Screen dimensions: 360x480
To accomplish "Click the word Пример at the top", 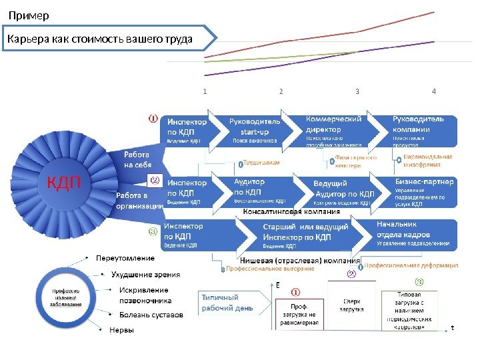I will pyautogui.click(x=29, y=15).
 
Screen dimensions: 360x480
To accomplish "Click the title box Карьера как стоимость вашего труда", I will pyautogui.click(x=100, y=39).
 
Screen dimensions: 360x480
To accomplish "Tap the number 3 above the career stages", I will pyautogui.click(x=358, y=91).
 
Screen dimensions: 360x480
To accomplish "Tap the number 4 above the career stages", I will pyautogui.click(x=435, y=91).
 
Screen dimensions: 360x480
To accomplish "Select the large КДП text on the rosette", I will pyautogui.click(x=63, y=181).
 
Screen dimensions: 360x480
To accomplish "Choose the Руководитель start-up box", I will pyautogui.click(x=255, y=131).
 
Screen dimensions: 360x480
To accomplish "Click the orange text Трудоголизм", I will pyautogui.click(x=262, y=162).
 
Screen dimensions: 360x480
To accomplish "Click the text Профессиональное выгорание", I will pyautogui.click(x=270, y=268).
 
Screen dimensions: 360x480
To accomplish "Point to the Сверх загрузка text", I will pyautogui.click(x=352, y=305).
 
